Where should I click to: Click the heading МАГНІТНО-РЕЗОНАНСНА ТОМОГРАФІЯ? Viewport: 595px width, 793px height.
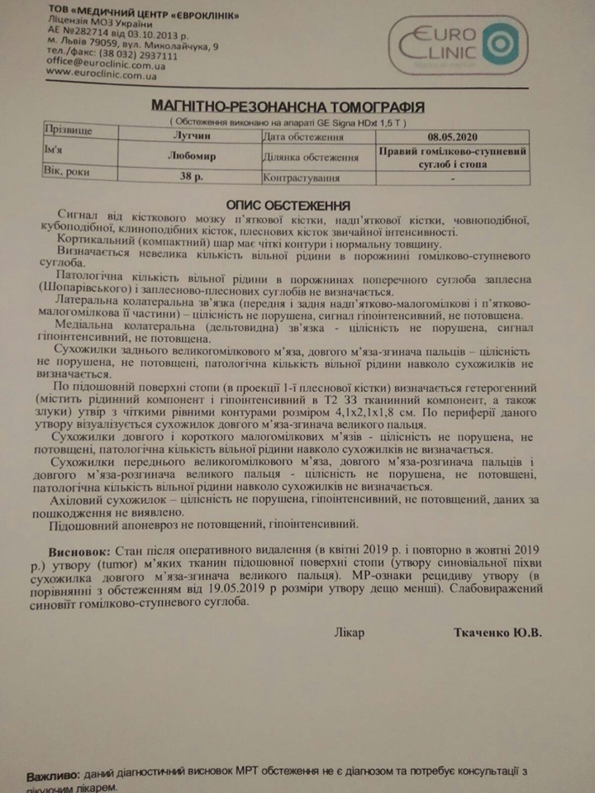289,107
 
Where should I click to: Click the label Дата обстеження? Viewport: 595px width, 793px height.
302,137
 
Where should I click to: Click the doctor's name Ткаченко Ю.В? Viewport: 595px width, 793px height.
497,633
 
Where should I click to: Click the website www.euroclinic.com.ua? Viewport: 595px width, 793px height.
102,73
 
